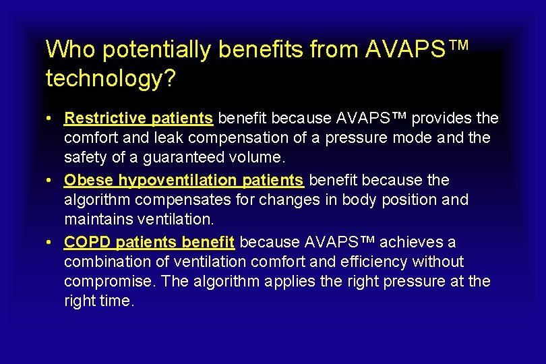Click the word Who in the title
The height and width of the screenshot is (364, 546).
[65, 50]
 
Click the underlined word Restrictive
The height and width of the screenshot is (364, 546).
[104, 119]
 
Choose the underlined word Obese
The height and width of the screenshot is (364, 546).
[89, 181]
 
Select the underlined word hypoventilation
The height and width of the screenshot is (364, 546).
[178, 181]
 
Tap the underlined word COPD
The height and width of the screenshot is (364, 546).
[85, 242]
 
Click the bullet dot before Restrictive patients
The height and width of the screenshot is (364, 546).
[51, 119]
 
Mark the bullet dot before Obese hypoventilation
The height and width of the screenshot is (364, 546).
[51, 181]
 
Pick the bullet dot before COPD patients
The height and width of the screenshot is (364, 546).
[51, 243]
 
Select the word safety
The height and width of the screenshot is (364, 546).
[84, 158]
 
